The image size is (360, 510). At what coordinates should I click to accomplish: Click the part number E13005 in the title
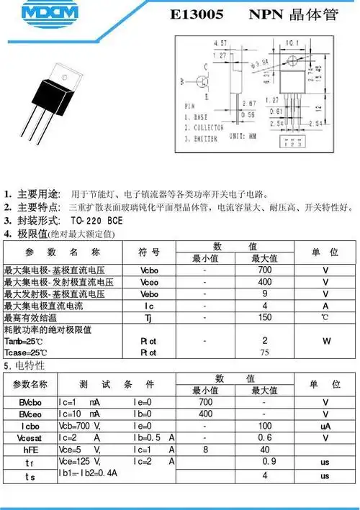[x=197, y=15]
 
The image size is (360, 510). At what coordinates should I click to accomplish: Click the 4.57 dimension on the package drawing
[x=220, y=44]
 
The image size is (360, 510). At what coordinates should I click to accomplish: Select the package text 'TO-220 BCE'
[x=96, y=220]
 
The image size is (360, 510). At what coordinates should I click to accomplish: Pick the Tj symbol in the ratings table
[x=148, y=317]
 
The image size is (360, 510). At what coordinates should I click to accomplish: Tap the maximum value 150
[x=265, y=317]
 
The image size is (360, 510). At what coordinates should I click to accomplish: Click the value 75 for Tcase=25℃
[x=264, y=352]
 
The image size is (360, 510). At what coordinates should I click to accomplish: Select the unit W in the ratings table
[x=325, y=340]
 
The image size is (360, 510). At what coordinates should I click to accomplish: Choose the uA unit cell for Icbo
[x=325, y=426]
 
